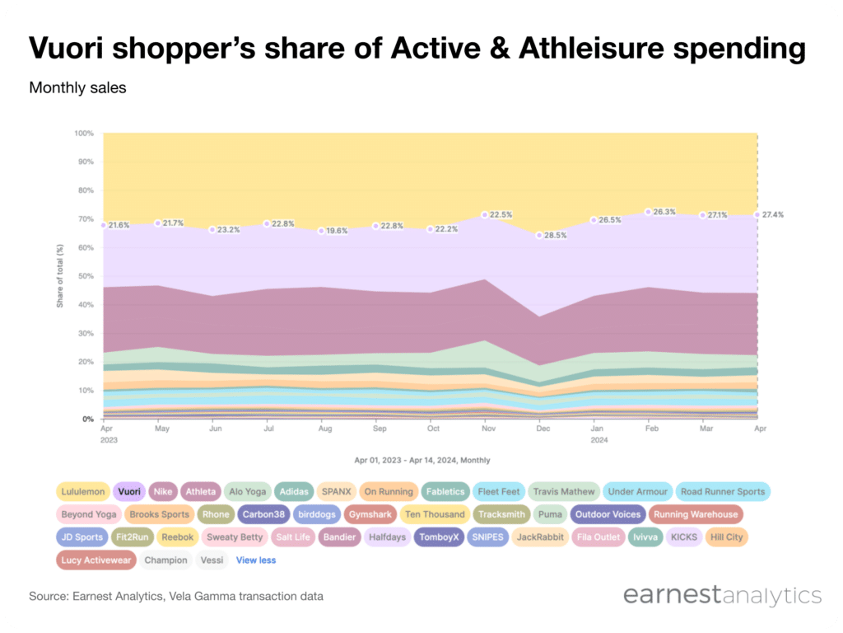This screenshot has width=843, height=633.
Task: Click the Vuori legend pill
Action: [129, 491]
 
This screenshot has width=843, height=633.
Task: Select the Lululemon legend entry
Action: [83, 491]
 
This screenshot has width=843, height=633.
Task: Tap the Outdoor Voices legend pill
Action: [608, 514]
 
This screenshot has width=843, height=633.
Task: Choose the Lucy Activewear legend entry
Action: [95, 560]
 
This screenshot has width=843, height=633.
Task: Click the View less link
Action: [256, 560]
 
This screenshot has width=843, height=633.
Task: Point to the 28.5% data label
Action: [556, 235]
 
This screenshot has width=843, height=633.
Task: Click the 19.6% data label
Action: [337, 231]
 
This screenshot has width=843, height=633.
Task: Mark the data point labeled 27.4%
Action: [757, 215]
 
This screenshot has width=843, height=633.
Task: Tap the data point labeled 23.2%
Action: [212, 230]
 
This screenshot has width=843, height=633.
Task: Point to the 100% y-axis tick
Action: [84, 133]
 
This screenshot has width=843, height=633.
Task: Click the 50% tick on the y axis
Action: [86, 276]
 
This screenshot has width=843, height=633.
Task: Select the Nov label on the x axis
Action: [489, 429]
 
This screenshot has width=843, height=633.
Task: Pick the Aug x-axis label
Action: [324, 429]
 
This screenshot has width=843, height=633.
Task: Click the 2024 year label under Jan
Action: [599, 440]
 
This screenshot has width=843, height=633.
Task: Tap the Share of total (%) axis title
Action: [59, 276]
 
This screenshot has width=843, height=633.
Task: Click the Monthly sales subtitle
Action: [77, 87]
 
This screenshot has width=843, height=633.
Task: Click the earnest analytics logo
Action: [723, 595]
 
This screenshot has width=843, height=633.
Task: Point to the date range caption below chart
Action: [422, 460]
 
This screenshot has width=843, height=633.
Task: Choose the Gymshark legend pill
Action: [370, 514]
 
